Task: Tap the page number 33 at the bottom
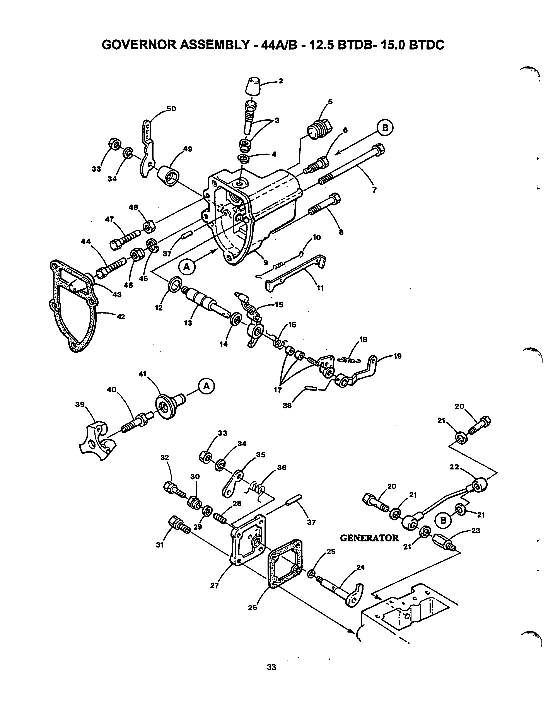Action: (x=271, y=667)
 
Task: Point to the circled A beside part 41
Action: (x=206, y=386)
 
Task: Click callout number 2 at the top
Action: (x=281, y=81)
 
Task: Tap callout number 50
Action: (x=171, y=109)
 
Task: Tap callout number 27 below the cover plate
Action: (x=214, y=585)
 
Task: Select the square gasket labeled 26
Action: (x=285, y=563)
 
